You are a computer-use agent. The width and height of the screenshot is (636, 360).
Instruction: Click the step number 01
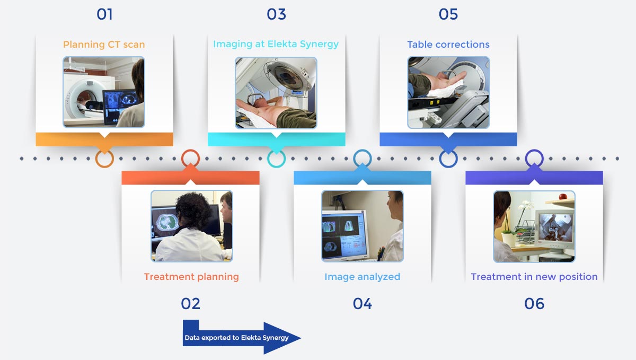click(x=104, y=14)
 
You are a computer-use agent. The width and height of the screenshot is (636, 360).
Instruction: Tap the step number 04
click(x=363, y=304)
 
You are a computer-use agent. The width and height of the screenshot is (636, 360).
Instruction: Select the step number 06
click(x=534, y=304)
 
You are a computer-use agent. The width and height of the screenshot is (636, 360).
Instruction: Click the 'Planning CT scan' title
click(x=104, y=45)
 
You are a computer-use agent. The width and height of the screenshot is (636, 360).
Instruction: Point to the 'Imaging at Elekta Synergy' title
click(x=276, y=44)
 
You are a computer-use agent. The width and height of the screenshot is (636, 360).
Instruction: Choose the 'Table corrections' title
click(x=448, y=45)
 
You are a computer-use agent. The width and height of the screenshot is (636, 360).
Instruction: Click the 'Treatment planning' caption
click(x=191, y=277)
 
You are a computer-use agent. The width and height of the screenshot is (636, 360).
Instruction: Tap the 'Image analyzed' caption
click(x=363, y=277)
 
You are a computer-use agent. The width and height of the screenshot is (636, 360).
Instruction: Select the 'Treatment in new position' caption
click(x=534, y=277)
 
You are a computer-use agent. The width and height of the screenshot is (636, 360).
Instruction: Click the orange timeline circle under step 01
click(x=104, y=159)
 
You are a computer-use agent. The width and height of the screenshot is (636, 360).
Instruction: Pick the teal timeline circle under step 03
click(x=276, y=159)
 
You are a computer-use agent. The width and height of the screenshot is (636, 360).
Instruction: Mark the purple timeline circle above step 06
click(x=534, y=158)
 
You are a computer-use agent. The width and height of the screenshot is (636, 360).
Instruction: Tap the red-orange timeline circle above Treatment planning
click(x=190, y=158)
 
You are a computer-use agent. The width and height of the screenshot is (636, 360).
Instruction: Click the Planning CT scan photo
click(x=104, y=92)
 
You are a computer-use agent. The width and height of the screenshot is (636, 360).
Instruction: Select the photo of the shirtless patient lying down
click(x=276, y=93)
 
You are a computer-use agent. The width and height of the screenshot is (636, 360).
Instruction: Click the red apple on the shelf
click(x=563, y=197)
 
